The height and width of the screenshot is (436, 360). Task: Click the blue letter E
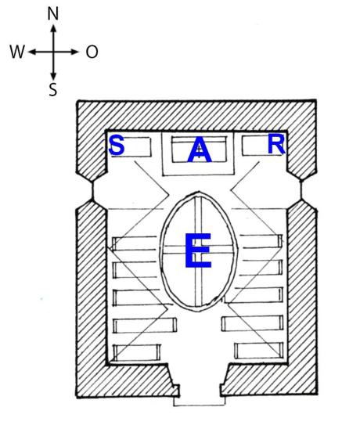[x=198, y=250]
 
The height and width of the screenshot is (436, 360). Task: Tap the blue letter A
[x=200, y=150]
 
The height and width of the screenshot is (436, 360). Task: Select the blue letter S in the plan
[x=117, y=145]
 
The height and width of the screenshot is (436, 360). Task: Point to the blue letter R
[x=276, y=144]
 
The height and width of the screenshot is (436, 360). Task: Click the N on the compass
[x=52, y=14]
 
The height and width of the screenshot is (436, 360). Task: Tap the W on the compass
[x=17, y=52]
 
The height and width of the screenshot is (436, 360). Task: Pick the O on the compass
[x=92, y=52]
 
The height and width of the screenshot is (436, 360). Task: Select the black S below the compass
[x=52, y=90]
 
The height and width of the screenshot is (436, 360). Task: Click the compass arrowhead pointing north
[x=54, y=28]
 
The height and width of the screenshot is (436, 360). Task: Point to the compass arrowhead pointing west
[x=32, y=52]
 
